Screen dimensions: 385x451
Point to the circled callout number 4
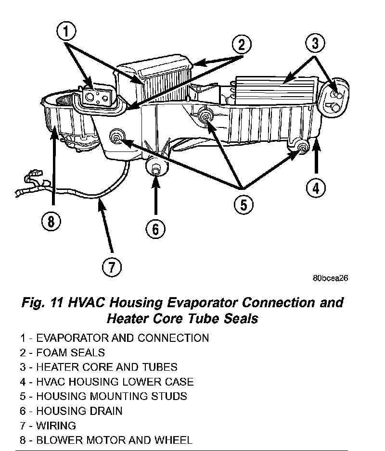pos(315,188)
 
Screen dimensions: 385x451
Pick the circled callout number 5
pos(244,205)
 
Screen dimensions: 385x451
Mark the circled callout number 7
pos(112,267)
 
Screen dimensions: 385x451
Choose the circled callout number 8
pos(51,222)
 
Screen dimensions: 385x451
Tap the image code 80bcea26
pos(330,278)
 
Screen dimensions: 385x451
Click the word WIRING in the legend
pos(56,426)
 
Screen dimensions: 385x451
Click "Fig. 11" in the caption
pos(45,303)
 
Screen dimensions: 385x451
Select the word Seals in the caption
pos(240,319)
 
